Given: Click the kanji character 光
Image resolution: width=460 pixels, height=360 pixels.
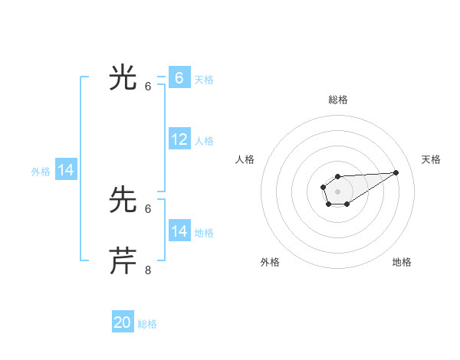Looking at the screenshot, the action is point(123,78).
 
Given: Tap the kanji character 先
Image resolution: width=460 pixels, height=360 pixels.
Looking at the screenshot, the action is point(123,201).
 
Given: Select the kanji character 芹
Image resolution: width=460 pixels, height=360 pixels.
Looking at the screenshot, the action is point(123,261).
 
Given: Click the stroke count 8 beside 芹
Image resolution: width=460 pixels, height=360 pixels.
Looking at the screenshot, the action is point(149,270).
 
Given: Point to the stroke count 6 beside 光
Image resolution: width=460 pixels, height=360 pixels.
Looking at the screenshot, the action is point(149,87).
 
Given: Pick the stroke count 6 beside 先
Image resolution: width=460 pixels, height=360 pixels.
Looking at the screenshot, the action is point(149,208).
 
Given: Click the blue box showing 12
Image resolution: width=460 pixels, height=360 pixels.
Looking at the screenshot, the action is point(179,139).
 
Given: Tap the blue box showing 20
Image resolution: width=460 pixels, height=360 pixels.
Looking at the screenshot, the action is point(123,322).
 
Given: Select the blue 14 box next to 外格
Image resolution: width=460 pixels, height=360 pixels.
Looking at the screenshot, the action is point(66,170).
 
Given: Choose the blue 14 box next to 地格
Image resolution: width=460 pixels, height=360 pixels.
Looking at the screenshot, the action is point(179,231).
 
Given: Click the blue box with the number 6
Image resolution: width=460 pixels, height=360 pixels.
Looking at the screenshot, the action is point(179,78).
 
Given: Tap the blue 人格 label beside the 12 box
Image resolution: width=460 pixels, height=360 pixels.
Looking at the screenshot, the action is point(204,141).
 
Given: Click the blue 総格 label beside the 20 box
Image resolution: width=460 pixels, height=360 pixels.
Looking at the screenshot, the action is point(147,324).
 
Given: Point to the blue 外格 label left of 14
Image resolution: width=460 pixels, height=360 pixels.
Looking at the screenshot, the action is point(41,172).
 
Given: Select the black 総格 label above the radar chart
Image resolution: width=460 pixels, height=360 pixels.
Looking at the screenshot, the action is point(338,100).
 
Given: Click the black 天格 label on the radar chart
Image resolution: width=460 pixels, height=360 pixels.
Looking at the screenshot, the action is point(431,159).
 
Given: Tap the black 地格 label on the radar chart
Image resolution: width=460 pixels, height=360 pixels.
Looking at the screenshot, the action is point(402,262).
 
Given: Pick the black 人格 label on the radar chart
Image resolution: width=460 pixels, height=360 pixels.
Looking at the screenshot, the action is point(245,159).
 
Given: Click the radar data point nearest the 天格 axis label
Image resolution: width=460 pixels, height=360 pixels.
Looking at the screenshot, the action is point(396,172).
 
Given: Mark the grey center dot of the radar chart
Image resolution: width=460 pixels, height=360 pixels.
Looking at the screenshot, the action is point(337,191).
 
